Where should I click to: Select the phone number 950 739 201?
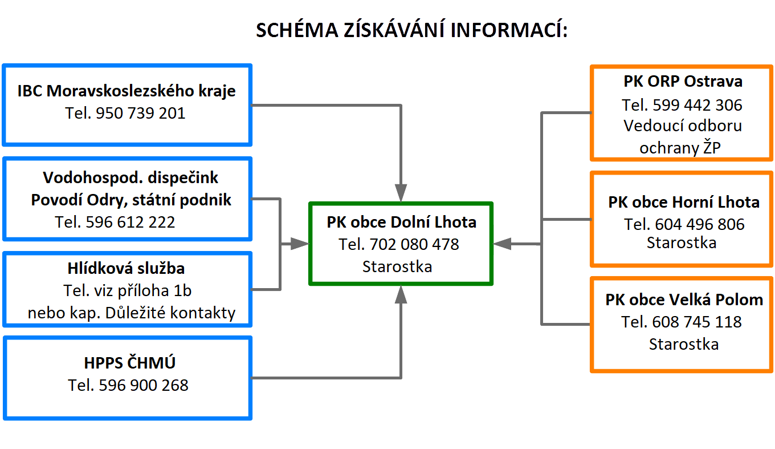pyautogui.click(x=140, y=114)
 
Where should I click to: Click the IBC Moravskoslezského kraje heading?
pyautogui.click(x=127, y=91)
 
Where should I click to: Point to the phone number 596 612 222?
pyautogui.click(x=130, y=222)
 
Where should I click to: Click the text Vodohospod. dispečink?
pyautogui.click(x=130, y=178)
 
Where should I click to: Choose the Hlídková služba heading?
pyautogui.click(x=126, y=269)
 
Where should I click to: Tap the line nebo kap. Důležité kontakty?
pyautogui.click(x=132, y=313)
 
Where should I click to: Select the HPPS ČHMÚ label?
pyautogui.click(x=130, y=363)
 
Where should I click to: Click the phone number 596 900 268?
pyautogui.click(x=144, y=385)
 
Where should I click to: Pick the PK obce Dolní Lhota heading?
pyautogui.click(x=401, y=223)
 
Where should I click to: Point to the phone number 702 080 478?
pyautogui.click(x=414, y=245)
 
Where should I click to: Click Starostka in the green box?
pyautogui.click(x=397, y=267)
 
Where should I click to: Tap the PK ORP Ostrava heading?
pyautogui.click(x=683, y=82)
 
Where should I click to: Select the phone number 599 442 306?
pyautogui.click(x=697, y=106)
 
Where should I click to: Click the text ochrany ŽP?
pyautogui.click(x=680, y=148)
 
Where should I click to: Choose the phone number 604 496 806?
pyautogui.click(x=700, y=225)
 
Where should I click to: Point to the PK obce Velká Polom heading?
pyautogui.click(x=684, y=300)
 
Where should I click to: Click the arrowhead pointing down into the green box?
pyautogui.click(x=401, y=193)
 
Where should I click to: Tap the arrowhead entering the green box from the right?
pyautogui.click(x=503, y=244)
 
